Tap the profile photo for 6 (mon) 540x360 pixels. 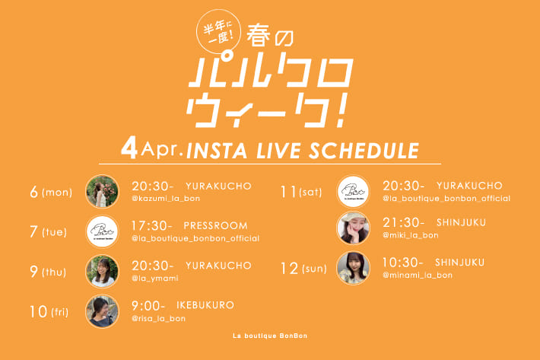click(x=101, y=192)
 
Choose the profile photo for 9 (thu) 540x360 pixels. click(x=101, y=272)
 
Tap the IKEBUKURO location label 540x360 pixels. click(x=207, y=305)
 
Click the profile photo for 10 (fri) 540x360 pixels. click(x=101, y=311)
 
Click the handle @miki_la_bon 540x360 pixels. click(x=411, y=235)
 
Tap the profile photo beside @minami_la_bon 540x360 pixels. click(x=352, y=268)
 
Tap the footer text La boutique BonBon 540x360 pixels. click(x=270, y=336)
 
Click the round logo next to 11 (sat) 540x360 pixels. click(x=352, y=192)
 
